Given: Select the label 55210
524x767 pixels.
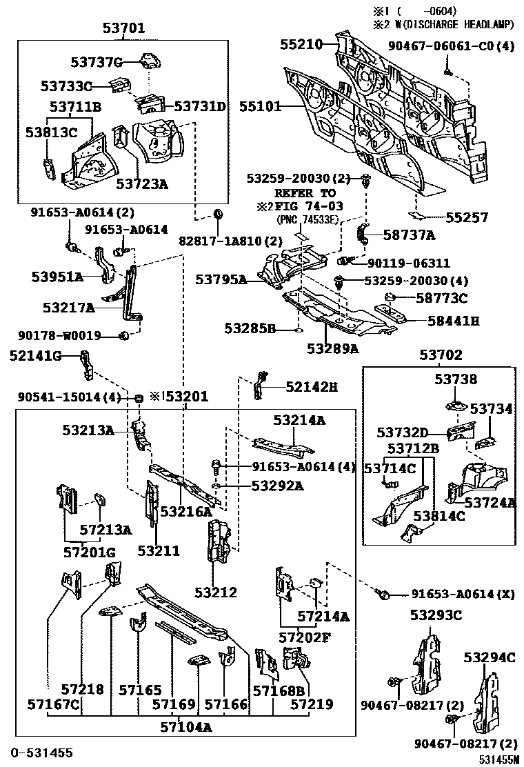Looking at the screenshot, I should click(x=301, y=44).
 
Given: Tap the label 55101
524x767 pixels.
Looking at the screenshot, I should click(x=260, y=107).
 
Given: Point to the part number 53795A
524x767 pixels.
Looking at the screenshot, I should click(x=221, y=279).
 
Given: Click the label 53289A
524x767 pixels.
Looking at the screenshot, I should click(x=333, y=348).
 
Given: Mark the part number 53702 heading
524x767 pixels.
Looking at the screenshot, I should click(x=441, y=356).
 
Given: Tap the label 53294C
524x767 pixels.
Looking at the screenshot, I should click(x=490, y=657).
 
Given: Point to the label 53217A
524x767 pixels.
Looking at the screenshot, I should click(x=68, y=308).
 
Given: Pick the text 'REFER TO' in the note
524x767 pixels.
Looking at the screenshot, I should click(x=305, y=193).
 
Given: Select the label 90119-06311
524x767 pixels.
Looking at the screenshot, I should click(x=409, y=263).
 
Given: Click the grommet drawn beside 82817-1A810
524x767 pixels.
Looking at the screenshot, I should click(x=218, y=215).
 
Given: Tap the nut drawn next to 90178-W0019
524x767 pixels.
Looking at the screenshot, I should click(x=125, y=336).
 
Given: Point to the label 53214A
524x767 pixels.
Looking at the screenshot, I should click(x=299, y=419).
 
